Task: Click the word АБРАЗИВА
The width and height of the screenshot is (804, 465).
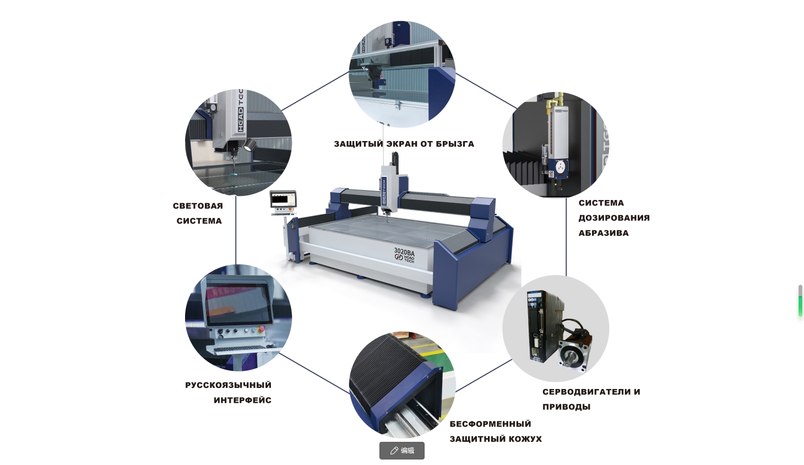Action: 604,233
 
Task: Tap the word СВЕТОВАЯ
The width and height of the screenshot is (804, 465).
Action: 198,206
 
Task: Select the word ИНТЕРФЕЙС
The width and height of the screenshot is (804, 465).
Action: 242,400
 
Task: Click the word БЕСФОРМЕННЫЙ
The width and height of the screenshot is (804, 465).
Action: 490,424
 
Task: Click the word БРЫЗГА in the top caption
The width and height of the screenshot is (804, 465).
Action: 455,144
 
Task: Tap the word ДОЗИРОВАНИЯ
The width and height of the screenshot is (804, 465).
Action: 614,218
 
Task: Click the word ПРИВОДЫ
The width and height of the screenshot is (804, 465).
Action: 567,407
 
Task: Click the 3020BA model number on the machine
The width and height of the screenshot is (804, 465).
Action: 404,251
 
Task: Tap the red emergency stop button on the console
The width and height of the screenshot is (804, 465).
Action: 261,329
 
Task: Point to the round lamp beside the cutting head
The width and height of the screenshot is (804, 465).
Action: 250,145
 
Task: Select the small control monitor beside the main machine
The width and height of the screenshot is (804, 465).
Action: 283,199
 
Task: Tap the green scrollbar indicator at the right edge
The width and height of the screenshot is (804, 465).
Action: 800,301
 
